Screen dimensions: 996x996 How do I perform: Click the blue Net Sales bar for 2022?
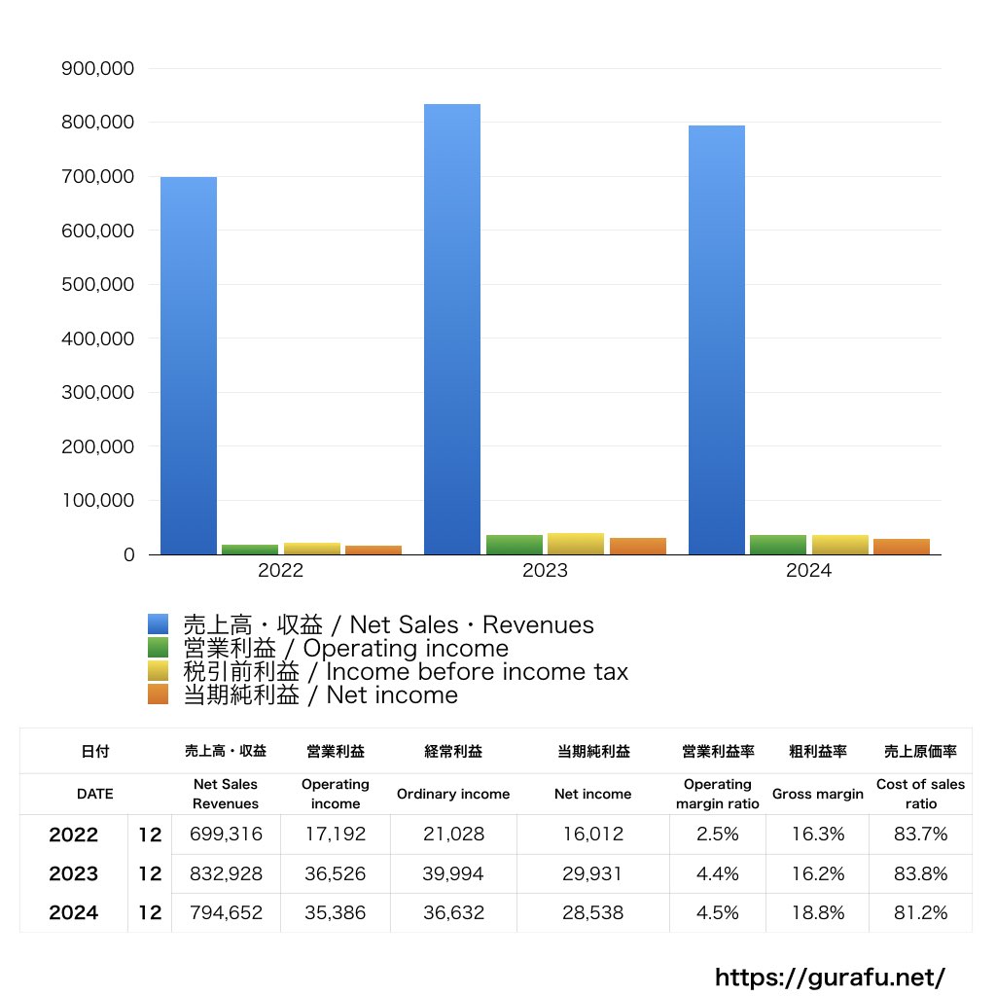189,366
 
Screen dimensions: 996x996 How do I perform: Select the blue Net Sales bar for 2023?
452,329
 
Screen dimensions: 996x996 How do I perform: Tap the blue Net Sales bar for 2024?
717,339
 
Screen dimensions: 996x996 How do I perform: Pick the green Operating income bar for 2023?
515,545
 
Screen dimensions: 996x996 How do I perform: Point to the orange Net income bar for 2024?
902,547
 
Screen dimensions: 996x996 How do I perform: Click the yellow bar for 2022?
312,549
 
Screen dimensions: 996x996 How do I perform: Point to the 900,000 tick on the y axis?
97,69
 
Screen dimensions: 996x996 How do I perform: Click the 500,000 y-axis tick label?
97,285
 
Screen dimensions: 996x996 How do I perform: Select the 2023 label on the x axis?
545,571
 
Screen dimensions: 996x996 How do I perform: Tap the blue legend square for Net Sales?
159,624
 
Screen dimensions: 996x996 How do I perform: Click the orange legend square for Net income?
159,694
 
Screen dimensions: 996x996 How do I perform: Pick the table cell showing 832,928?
226,873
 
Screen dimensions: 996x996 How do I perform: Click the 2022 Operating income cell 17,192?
335,835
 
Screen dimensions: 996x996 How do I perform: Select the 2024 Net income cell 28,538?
592,913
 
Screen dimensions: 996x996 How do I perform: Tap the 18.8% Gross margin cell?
817,913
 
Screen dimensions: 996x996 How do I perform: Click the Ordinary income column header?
452,794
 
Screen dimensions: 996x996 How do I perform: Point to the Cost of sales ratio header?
920,794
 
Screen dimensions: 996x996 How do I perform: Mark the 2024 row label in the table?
74,913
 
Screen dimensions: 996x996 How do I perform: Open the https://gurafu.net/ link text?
830,977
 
